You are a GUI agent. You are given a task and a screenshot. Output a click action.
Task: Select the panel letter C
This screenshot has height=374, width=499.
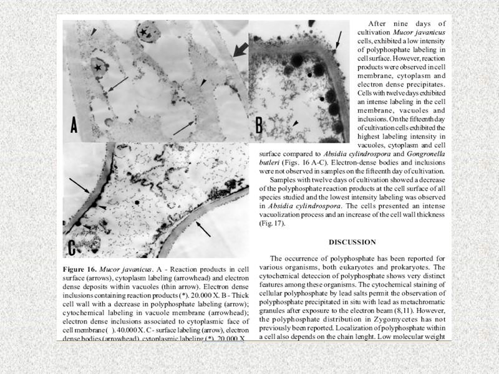coord(72,246)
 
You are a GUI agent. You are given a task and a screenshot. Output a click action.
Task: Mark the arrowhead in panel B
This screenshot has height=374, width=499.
coord(296,123)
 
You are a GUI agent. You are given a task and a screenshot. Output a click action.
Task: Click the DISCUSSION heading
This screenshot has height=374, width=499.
coord(353,242)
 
